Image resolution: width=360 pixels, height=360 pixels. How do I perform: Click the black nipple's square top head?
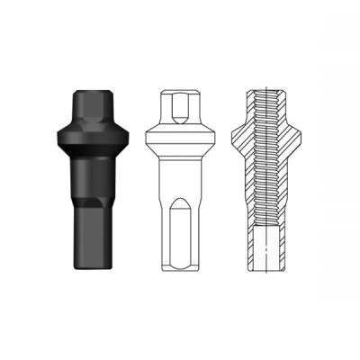tap(90, 102)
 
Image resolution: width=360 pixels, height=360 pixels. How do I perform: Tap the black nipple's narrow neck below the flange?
tap(90, 162)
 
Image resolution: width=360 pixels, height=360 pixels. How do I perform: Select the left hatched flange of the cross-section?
tap(239, 135)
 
